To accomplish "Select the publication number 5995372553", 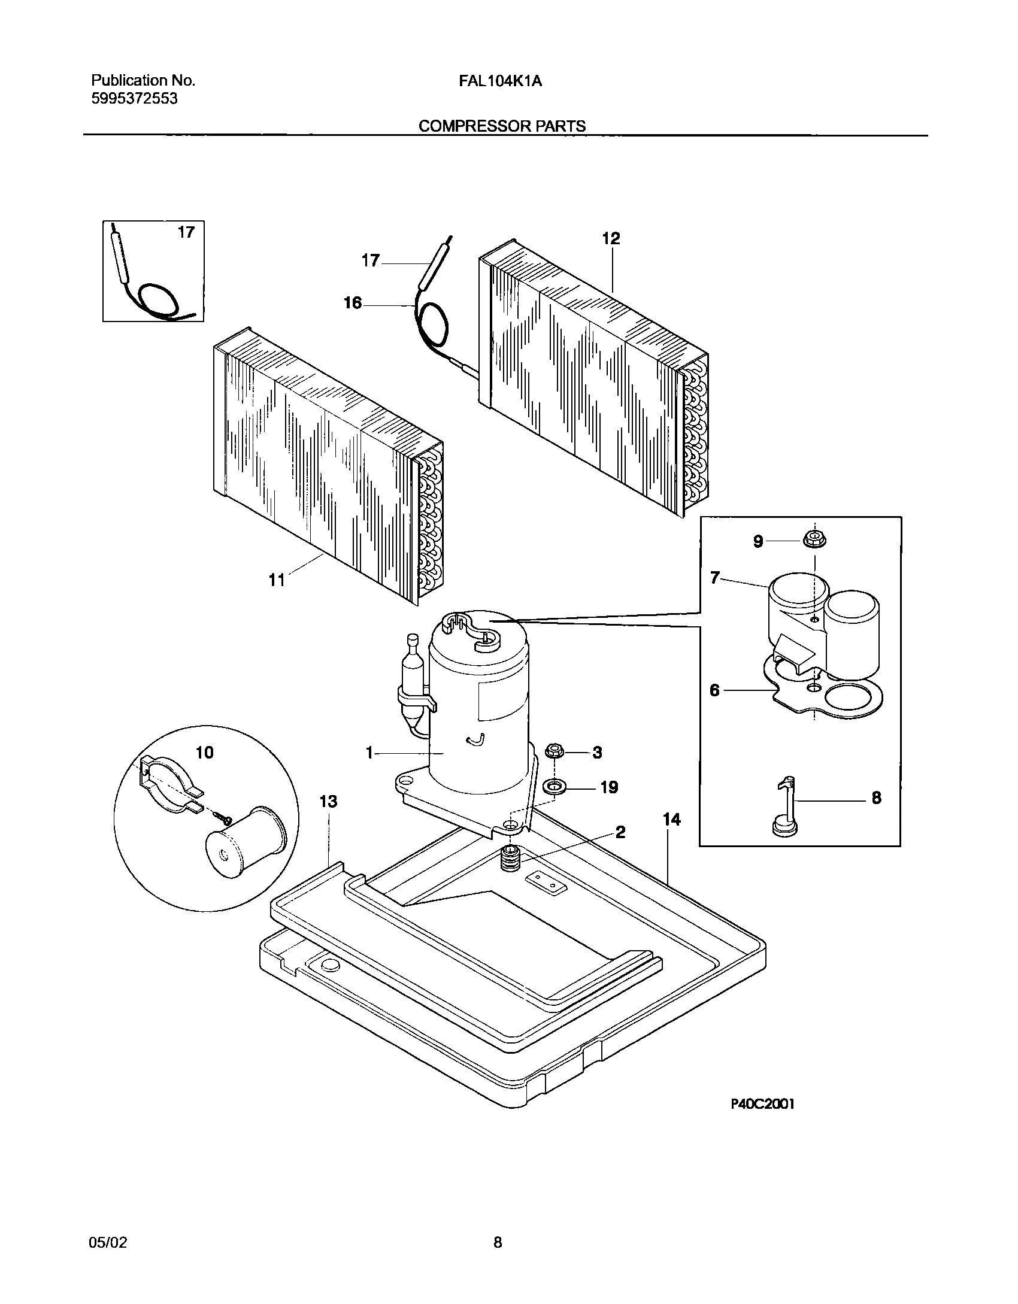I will [x=134, y=99].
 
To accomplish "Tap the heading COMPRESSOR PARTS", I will [x=502, y=126].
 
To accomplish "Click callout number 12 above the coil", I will [x=611, y=238].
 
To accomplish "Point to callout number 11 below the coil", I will [x=277, y=580].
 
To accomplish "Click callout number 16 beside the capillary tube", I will [x=353, y=304].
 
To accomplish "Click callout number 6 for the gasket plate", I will [x=714, y=690].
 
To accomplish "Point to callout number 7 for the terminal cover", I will [x=714, y=578].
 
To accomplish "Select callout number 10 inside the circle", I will [x=205, y=752].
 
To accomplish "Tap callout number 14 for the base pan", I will [x=672, y=820].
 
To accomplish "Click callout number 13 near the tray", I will [x=328, y=801].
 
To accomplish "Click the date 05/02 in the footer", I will [x=108, y=1242].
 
